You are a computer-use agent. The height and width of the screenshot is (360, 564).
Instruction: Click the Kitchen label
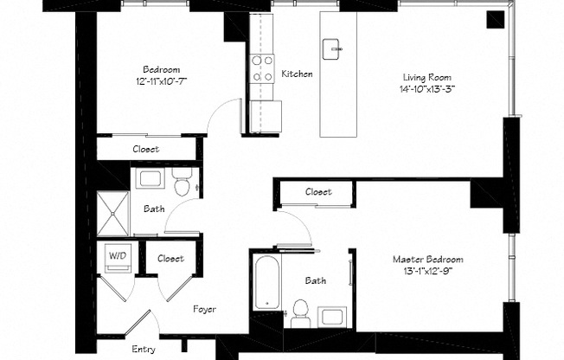(x=297, y=74)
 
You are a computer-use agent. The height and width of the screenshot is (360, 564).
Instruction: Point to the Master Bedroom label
(x=427, y=259)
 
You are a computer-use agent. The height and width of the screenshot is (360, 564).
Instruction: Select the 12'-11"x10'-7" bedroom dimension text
(x=161, y=80)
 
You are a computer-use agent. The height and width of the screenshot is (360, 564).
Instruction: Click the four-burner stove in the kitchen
(x=262, y=68)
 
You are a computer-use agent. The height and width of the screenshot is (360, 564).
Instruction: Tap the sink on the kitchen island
(x=332, y=48)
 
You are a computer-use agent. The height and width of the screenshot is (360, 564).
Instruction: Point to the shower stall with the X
(x=112, y=212)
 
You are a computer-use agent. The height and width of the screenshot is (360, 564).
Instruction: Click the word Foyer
(x=204, y=309)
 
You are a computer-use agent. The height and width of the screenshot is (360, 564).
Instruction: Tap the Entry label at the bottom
(x=144, y=350)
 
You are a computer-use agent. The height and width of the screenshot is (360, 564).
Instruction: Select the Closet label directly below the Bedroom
(x=145, y=149)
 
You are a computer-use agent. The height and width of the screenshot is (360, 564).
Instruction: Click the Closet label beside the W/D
(x=170, y=258)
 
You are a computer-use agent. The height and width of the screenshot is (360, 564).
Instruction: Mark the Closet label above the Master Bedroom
(x=318, y=192)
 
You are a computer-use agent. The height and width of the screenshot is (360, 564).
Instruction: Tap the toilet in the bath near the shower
(x=182, y=184)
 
